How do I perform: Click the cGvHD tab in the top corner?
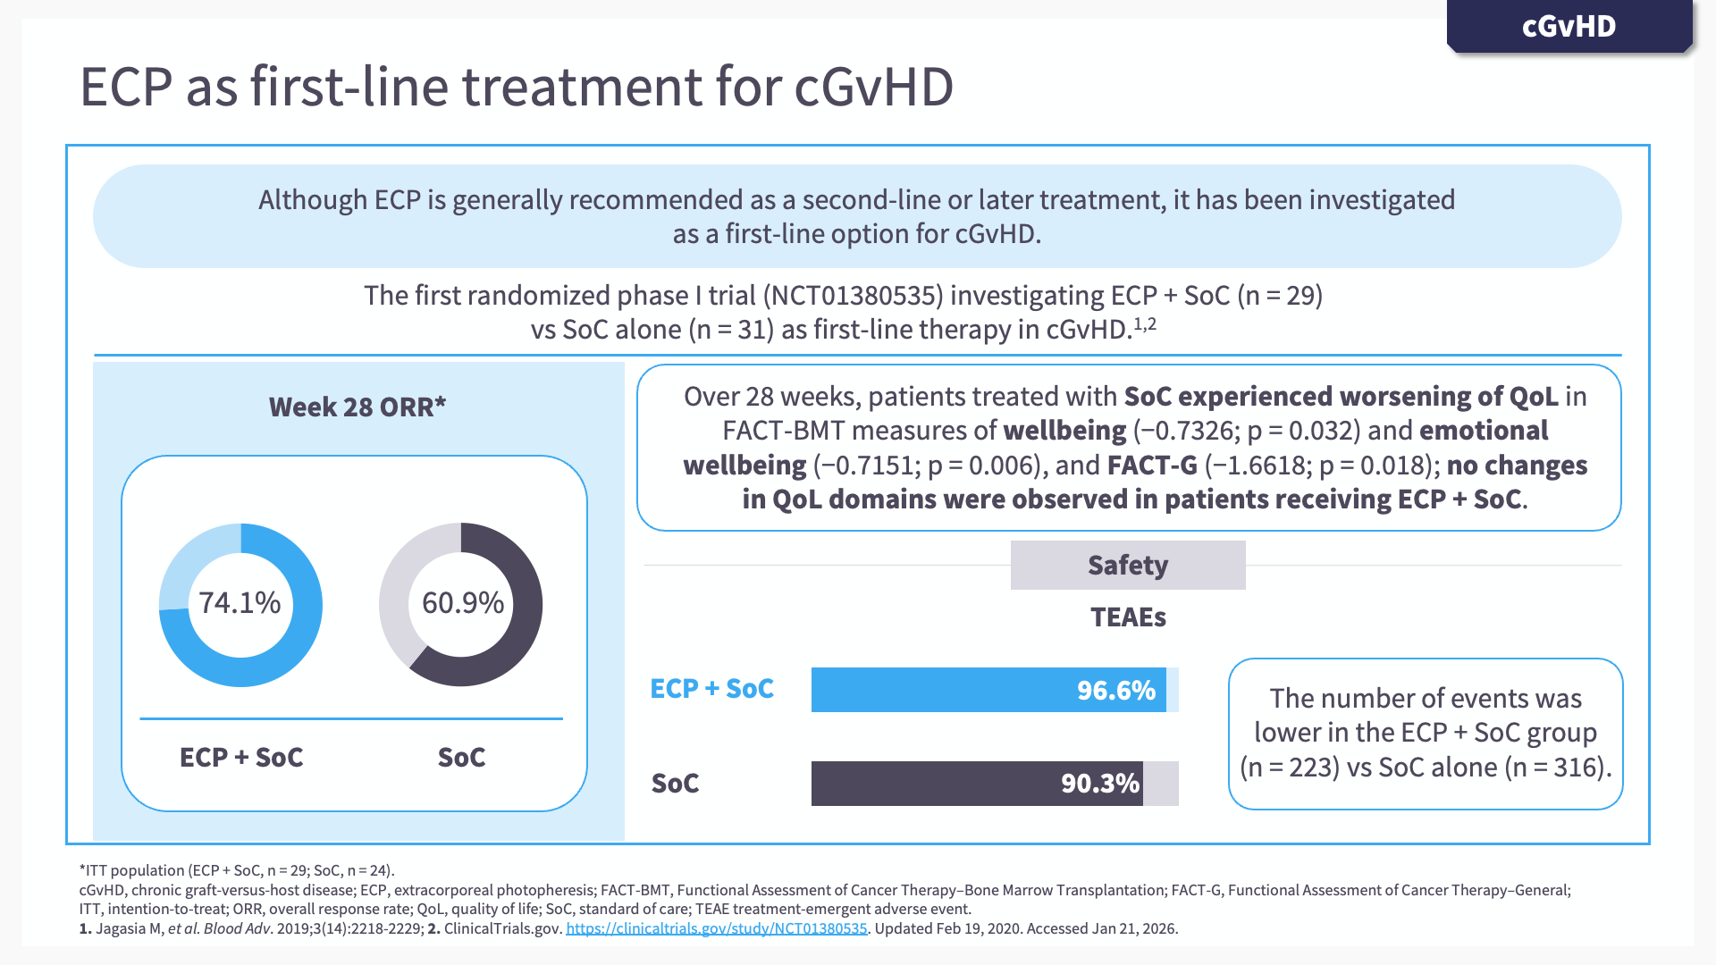click(x=1569, y=26)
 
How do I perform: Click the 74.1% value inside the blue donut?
click(x=240, y=603)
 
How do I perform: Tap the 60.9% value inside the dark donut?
click(x=463, y=603)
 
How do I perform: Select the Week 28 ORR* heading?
click(x=357, y=407)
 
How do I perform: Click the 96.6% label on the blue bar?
click(x=1116, y=690)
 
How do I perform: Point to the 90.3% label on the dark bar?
click(x=1100, y=784)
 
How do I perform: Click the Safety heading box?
click(x=1128, y=565)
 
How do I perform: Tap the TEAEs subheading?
click(x=1129, y=617)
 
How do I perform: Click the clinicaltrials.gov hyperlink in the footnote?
click(x=717, y=928)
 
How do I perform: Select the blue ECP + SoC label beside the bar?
click(x=712, y=689)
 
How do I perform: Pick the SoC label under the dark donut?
click(x=462, y=758)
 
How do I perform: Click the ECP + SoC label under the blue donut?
click(x=241, y=758)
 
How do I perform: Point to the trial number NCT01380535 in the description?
click(x=857, y=296)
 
